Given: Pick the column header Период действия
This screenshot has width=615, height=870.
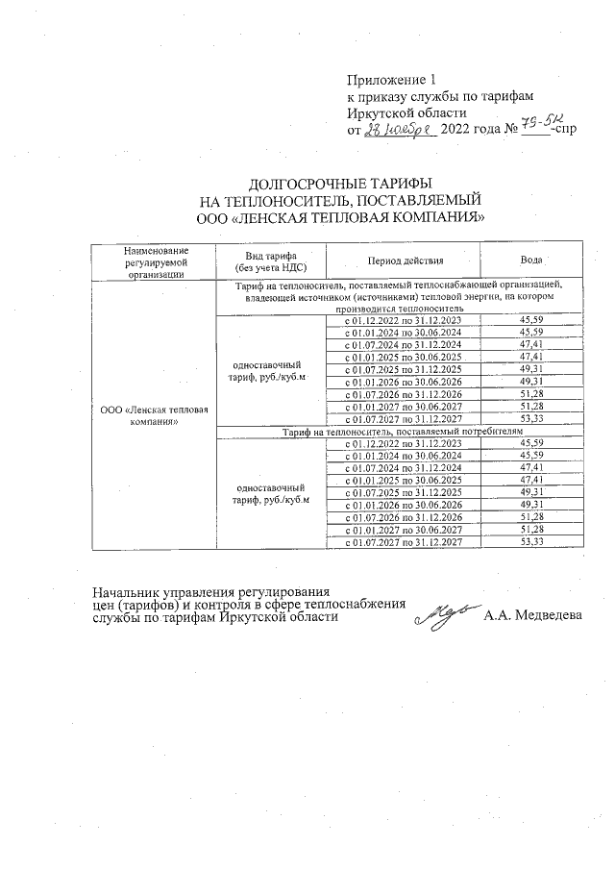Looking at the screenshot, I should (x=405, y=261).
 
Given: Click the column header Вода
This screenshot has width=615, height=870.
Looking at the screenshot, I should (x=530, y=261).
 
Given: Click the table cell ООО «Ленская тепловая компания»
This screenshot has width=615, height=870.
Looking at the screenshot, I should (x=155, y=415).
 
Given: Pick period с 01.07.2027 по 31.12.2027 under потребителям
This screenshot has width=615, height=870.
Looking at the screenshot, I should (x=405, y=543).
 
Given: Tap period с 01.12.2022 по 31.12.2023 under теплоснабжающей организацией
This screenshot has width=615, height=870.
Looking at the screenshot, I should (x=405, y=320).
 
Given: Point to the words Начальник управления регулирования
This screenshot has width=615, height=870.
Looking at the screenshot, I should (x=210, y=592).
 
